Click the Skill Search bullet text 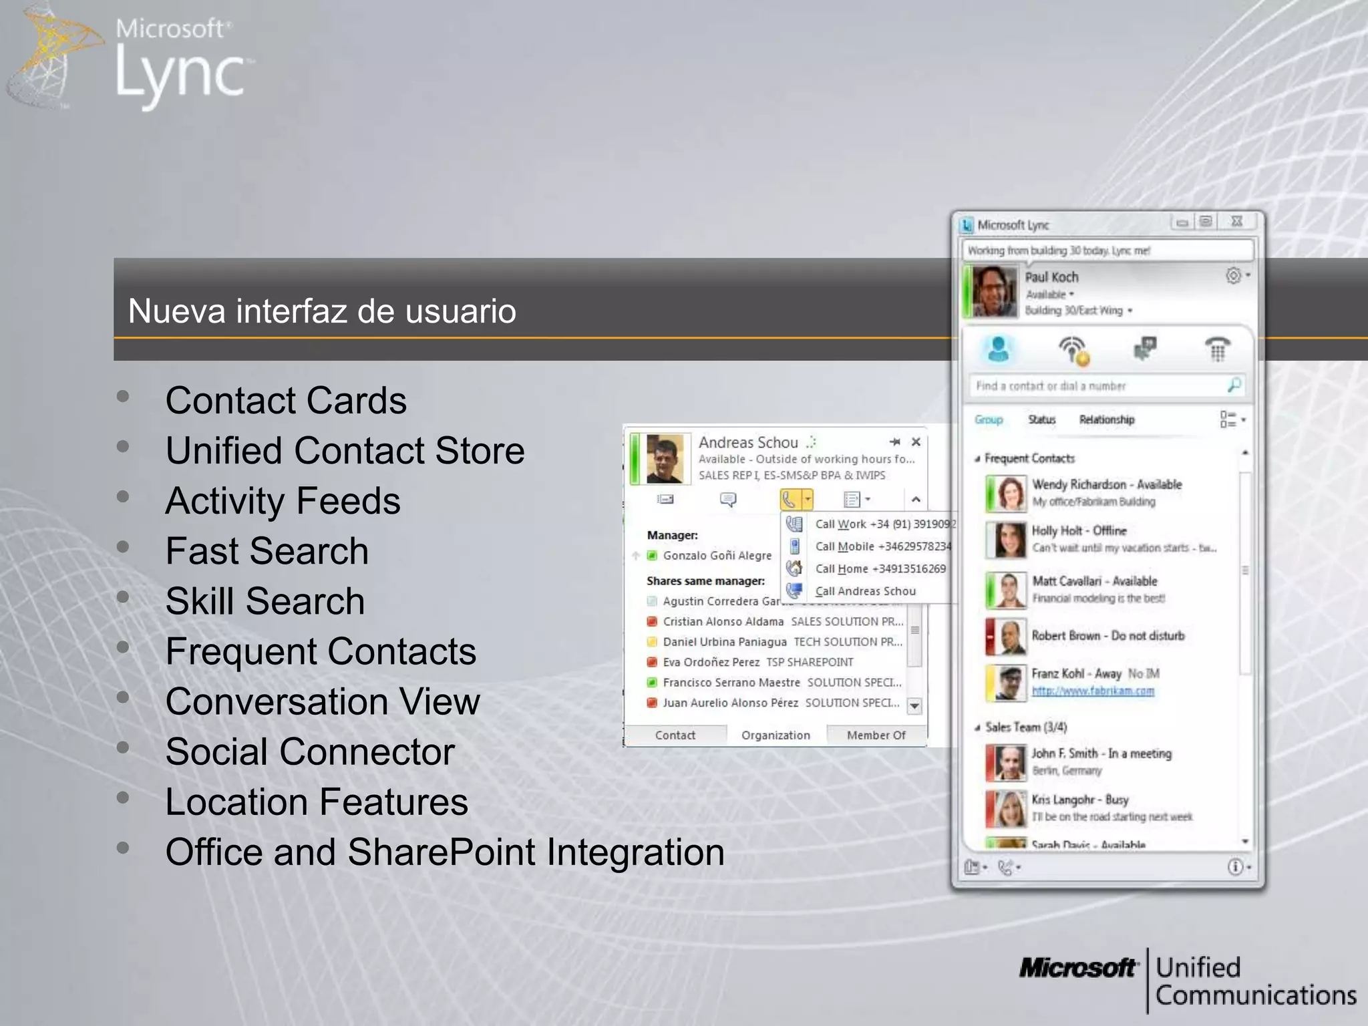click(x=265, y=601)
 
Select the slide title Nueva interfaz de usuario click(x=322, y=311)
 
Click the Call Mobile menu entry click(x=882, y=546)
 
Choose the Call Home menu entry click(x=880, y=569)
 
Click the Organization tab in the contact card click(x=776, y=735)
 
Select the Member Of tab click(x=876, y=735)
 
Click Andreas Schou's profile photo click(x=665, y=459)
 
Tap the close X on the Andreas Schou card click(x=916, y=442)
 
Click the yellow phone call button click(x=790, y=499)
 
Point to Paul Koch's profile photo click(x=994, y=292)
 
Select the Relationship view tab click(x=1107, y=419)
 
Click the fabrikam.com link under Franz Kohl click(x=1093, y=691)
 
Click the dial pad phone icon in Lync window click(x=1217, y=349)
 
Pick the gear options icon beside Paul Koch click(x=1233, y=275)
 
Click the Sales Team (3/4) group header click(x=1026, y=727)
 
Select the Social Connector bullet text click(x=310, y=751)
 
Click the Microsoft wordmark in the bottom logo click(x=1077, y=968)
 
